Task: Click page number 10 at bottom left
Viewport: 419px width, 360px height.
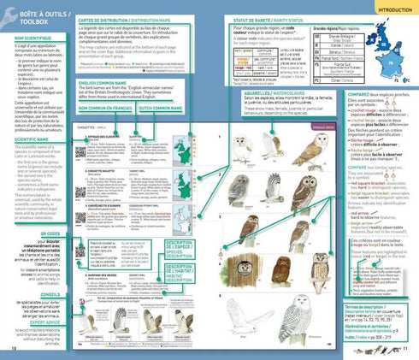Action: (x=13, y=349)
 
